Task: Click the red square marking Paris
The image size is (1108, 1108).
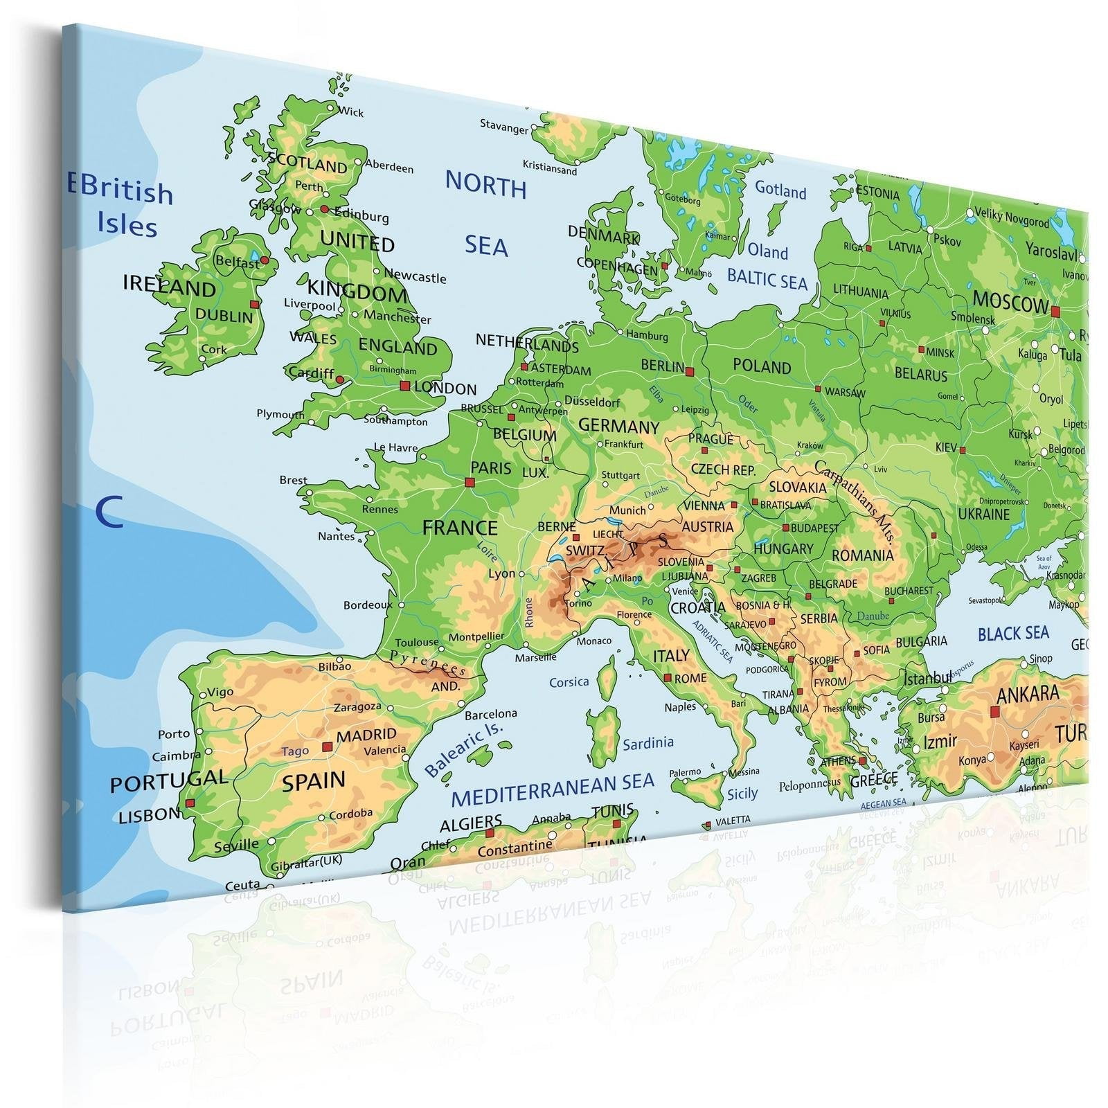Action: click(470, 482)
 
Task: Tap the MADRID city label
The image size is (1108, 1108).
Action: click(366, 735)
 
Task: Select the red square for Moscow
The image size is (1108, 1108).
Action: click(1055, 312)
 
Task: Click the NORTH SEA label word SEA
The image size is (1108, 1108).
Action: click(486, 246)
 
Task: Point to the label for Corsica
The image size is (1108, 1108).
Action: click(569, 682)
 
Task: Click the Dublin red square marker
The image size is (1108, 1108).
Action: click(254, 304)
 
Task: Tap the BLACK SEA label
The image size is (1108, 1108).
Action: click(1013, 633)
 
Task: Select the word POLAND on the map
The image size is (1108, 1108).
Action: click(762, 366)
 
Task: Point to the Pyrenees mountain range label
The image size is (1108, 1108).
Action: click(428, 663)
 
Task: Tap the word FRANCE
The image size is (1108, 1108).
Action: click(460, 528)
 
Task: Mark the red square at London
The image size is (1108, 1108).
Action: click(404, 386)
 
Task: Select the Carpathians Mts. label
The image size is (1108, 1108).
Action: click(856, 500)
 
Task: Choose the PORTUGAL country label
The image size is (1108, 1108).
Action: click(168, 781)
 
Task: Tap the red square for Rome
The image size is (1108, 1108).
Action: click(668, 678)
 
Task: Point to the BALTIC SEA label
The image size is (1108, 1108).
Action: click(767, 279)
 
